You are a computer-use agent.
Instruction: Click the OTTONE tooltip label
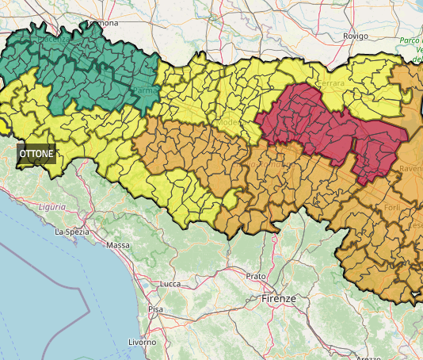tap(37, 153)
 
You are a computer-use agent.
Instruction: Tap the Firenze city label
tap(278, 299)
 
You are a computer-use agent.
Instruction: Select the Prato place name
tap(255, 276)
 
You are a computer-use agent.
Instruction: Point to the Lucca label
tap(170, 283)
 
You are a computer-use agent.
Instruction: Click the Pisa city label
tap(155, 308)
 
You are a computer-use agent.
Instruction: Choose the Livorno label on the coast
tap(142, 342)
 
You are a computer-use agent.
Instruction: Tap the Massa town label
tap(117, 245)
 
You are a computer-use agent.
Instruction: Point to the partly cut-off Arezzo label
tap(368, 358)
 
